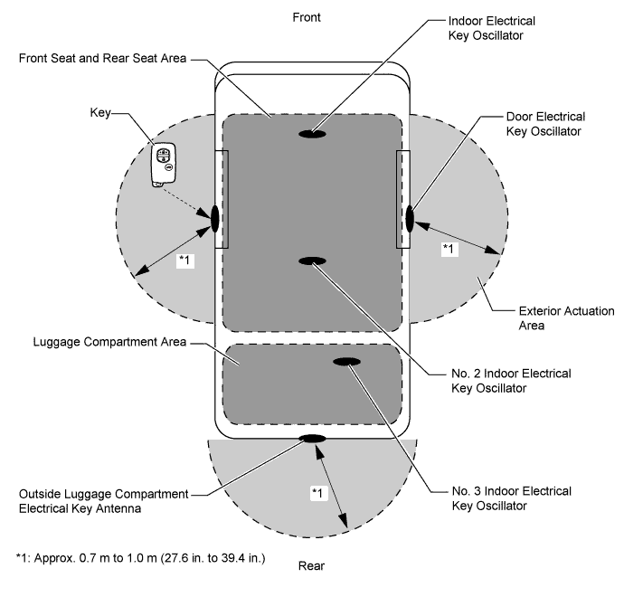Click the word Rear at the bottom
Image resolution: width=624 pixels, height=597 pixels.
pos(312,567)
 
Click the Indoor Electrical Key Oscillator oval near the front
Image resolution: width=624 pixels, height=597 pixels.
pos(312,134)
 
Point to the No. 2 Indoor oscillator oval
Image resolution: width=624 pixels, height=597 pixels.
pos(312,261)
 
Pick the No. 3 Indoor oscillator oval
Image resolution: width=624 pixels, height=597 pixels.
pos(347,363)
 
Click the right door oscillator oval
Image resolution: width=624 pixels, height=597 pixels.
pos(410,218)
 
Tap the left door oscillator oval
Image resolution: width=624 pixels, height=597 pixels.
pos(215,218)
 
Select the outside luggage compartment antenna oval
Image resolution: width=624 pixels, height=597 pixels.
pos(312,439)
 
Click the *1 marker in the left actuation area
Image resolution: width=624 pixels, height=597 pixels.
pos(184,261)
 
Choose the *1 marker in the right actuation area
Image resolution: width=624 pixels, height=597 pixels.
pos(449,247)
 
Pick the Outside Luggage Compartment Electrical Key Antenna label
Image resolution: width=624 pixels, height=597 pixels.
pos(103,500)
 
